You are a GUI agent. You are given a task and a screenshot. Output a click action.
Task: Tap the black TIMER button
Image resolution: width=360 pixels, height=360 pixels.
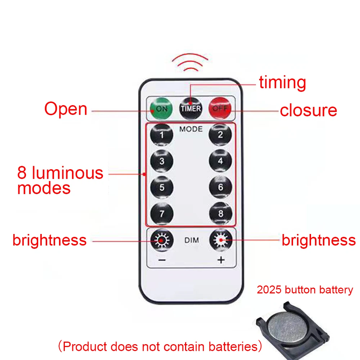191,108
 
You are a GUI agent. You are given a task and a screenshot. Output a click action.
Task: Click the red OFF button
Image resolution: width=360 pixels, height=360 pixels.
220,108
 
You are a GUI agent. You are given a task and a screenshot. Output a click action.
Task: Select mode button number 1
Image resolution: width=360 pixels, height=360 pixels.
162,135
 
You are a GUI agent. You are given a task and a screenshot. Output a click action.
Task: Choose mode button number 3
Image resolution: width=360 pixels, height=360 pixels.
162,161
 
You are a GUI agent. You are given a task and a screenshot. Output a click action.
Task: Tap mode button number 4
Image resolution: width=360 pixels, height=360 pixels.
220,161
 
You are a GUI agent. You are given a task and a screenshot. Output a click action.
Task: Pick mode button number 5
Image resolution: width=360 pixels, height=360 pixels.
162,188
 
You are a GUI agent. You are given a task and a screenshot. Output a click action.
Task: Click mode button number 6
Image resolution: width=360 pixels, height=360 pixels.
220,188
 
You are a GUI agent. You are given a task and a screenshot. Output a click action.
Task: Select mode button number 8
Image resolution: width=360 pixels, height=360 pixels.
220,213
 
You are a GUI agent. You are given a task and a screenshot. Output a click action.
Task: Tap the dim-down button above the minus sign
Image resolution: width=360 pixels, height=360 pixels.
162,240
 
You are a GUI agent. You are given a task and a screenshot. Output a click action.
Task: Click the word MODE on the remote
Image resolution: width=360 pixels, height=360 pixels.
191,129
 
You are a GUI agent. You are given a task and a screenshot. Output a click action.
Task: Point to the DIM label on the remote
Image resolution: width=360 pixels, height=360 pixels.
191,240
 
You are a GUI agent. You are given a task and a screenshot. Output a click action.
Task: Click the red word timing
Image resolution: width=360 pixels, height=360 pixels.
283,83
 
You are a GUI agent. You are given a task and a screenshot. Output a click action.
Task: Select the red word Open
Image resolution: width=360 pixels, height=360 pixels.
66,109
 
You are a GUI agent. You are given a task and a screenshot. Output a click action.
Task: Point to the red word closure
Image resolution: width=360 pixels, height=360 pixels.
309,111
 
